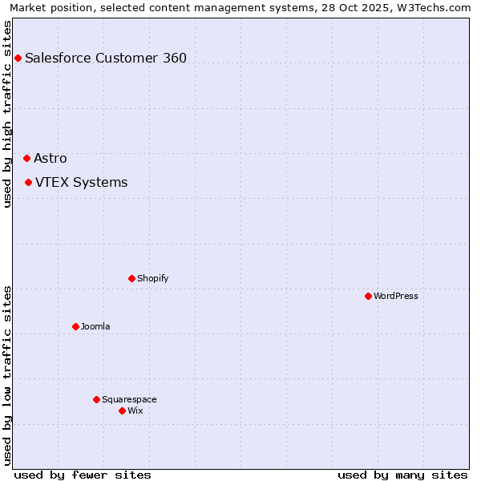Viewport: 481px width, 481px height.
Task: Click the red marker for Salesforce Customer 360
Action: pos(18,58)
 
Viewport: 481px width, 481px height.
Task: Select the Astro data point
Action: pos(26,159)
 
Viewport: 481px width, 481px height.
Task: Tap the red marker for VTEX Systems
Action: pos(28,183)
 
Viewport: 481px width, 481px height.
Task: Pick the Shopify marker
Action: pos(131,278)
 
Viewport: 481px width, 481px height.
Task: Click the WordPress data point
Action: pos(368,296)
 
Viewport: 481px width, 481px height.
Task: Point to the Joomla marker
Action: pos(75,326)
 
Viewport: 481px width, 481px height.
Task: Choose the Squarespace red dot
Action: pos(96,399)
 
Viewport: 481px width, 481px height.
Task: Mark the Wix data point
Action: pos(122,410)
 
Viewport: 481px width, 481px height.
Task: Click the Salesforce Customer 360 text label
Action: pos(106,58)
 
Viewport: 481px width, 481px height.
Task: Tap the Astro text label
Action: pos(51,159)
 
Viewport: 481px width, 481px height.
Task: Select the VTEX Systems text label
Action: pos(81,183)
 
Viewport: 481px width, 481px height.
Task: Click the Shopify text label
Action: pos(152,278)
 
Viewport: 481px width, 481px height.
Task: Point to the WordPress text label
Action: pos(396,296)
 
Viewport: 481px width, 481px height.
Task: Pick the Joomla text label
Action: pos(95,326)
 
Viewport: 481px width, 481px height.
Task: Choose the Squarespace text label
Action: pos(129,399)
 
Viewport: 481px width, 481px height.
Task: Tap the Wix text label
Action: pos(135,410)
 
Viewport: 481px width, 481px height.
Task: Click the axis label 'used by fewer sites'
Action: pos(83,475)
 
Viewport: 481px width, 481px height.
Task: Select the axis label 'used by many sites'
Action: pos(402,475)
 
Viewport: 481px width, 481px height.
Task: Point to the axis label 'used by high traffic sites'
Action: pos(7,114)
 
